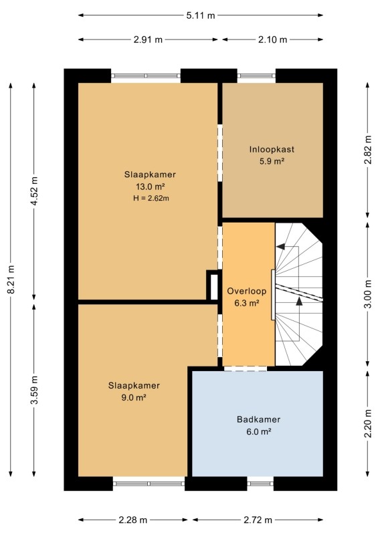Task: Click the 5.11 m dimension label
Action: [201, 15]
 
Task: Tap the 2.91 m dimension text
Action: [148, 39]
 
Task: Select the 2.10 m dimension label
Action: [272, 39]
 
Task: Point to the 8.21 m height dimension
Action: [11, 279]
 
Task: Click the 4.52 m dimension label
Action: [34, 191]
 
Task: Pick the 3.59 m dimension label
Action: [34, 390]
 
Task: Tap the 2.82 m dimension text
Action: [368, 150]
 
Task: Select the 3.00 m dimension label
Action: [368, 294]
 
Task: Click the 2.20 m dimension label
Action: [368, 423]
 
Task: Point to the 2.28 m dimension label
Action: [133, 520]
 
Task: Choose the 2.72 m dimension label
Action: [258, 520]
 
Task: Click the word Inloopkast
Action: [272, 149]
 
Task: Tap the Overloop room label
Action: [247, 291]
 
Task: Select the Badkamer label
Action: [258, 419]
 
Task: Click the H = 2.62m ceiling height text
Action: [151, 198]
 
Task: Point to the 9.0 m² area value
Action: [134, 397]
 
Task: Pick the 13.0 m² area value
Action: [151, 187]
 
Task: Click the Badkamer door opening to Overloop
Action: [245, 368]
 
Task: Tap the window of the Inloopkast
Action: [256, 76]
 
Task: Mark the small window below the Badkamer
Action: [260, 483]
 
